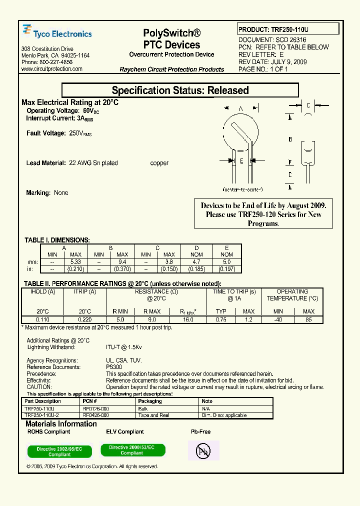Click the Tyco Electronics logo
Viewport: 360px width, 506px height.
(57, 33)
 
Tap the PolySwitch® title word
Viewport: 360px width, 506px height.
(171, 33)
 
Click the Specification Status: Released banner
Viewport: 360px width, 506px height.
(180, 90)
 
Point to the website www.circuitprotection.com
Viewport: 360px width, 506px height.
(52, 69)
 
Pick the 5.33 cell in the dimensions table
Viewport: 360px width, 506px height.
(75, 262)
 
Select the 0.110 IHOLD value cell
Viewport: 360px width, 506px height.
(42, 319)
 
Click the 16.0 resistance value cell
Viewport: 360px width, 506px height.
(188, 319)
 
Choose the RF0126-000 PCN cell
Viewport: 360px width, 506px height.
(96, 408)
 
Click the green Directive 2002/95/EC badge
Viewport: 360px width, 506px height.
(59, 452)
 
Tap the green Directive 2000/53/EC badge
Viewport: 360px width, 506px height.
(132, 450)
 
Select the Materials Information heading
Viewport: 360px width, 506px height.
(61, 424)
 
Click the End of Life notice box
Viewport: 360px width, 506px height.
(263, 214)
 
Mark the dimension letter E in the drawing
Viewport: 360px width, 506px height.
(241, 161)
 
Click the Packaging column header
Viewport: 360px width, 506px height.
(150, 401)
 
